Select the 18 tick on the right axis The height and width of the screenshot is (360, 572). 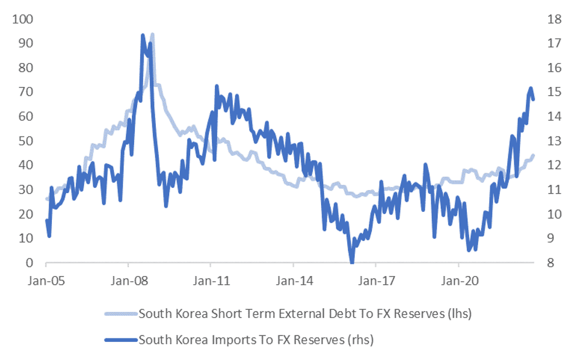coord(550,19)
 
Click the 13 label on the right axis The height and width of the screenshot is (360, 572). coord(550,141)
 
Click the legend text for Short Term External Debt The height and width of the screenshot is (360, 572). coord(305,314)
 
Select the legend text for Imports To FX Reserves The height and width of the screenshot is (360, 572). coord(256,339)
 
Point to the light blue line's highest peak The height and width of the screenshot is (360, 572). coord(152,34)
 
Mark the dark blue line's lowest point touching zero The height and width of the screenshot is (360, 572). coord(351,262)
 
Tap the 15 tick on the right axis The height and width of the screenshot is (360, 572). coord(550,92)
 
